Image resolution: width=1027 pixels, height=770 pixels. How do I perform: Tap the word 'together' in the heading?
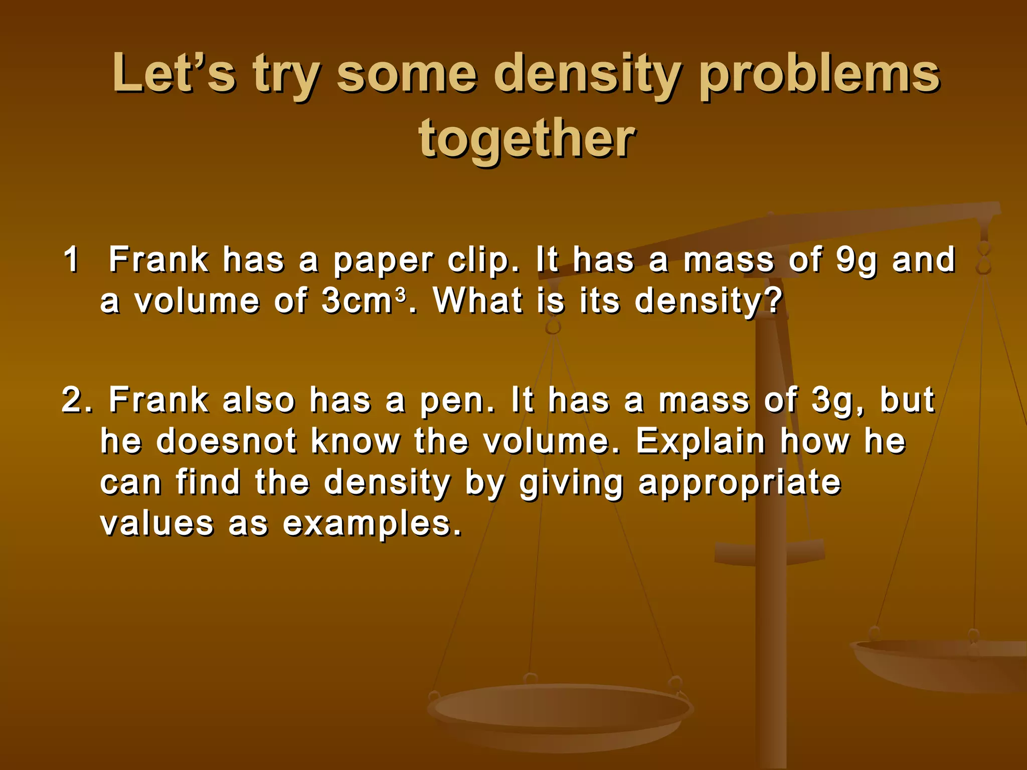[527, 139]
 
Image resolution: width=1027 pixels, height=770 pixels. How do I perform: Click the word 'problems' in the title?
[819, 75]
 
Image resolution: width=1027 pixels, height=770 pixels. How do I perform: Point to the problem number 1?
[71, 260]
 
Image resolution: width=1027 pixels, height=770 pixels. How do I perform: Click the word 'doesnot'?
[227, 441]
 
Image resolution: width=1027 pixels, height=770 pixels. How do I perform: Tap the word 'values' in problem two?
[157, 523]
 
